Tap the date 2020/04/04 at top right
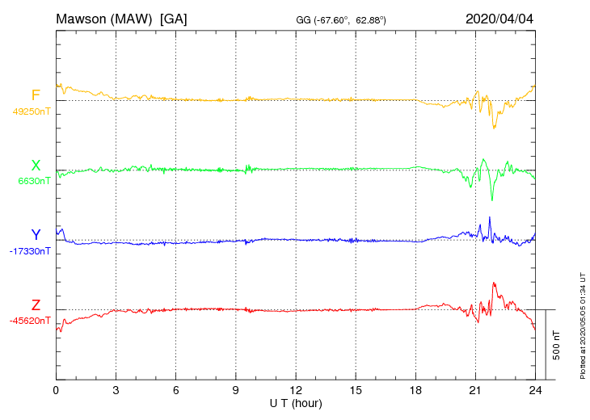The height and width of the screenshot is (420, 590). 499,19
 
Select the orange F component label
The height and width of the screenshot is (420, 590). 36,96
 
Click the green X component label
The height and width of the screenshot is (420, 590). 36,166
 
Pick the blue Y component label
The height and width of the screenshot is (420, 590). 36,235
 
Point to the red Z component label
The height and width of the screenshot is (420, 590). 36,304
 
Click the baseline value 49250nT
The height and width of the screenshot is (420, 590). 31,111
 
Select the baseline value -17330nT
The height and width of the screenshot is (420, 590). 31,251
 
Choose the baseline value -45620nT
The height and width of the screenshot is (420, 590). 30,321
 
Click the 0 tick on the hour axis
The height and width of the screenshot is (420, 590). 56,390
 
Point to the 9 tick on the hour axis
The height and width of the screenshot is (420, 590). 235,390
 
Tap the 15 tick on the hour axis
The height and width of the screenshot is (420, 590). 356,390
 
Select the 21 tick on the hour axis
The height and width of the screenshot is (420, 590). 475,390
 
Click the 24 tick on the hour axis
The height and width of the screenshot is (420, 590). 534,390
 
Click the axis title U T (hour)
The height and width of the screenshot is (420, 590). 295,402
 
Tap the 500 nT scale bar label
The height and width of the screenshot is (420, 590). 557,345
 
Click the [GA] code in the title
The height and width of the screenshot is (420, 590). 173,19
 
